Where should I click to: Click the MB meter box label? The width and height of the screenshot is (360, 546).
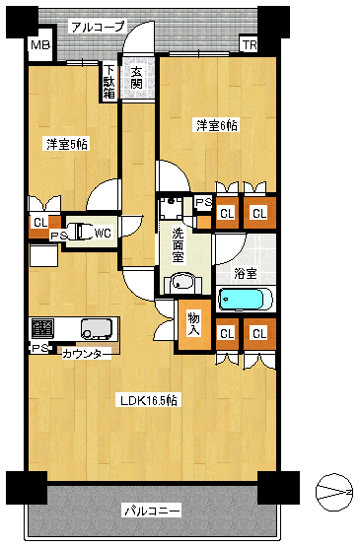40,45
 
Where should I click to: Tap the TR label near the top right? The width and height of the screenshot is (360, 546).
250,45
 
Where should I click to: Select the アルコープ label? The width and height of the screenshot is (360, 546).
98,27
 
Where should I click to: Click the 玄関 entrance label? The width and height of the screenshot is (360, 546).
136,77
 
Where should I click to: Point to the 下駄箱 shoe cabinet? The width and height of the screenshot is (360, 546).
109,82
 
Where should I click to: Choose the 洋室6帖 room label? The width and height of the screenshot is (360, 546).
216,125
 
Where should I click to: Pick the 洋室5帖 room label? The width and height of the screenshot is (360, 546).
67,144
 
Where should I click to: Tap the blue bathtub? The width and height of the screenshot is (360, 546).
245,300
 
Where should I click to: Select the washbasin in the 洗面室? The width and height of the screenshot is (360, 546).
183,282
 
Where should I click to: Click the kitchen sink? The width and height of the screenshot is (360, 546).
97,328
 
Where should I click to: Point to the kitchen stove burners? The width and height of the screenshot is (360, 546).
42,328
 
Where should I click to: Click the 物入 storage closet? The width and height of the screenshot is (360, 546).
194,324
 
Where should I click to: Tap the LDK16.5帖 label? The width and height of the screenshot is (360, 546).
149,400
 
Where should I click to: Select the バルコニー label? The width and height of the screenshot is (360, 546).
153,511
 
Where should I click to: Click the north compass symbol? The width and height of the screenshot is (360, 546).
333,493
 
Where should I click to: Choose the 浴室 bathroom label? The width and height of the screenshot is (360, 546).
246,273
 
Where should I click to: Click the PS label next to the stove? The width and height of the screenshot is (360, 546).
39,349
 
